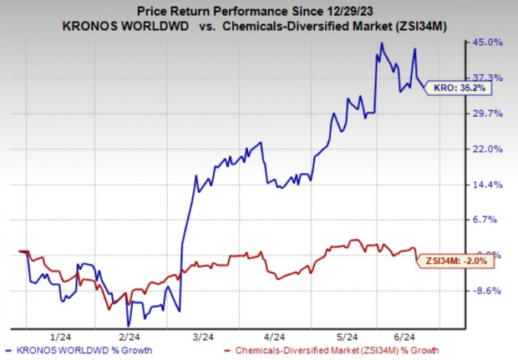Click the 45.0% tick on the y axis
[488, 42]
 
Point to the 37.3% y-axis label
[488, 77]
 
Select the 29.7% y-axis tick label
[488, 113]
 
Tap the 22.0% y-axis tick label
[488, 149]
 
